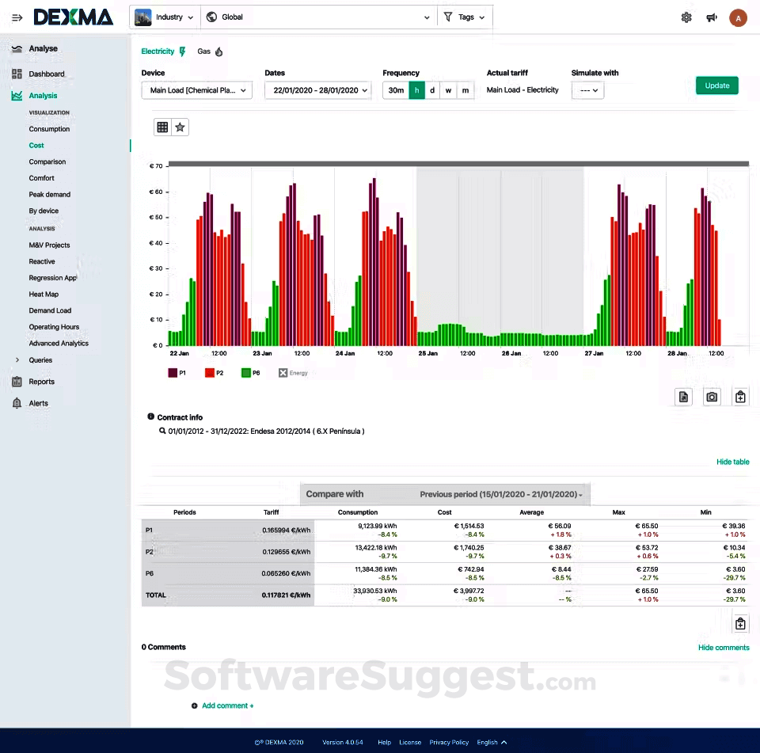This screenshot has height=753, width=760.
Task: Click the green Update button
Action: (x=716, y=86)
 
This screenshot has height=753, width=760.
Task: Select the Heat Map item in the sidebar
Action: (x=44, y=294)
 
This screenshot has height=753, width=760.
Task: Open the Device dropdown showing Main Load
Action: (x=197, y=90)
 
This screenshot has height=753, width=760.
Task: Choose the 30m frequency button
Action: (x=396, y=90)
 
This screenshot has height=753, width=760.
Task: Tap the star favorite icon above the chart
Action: (x=180, y=127)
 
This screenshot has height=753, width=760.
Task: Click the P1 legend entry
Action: (x=177, y=372)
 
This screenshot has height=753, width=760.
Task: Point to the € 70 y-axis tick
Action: (x=156, y=166)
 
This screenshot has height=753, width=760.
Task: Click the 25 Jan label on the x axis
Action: (x=427, y=353)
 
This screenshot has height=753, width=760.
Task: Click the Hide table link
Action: (x=732, y=462)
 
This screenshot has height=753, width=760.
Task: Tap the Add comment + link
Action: (x=227, y=705)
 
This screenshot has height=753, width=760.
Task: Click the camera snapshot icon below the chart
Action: (x=712, y=397)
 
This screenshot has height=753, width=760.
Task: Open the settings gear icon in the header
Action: (x=686, y=17)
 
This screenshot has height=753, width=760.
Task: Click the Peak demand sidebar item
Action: (x=50, y=194)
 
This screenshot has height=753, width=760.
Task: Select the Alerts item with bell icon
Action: (x=38, y=403)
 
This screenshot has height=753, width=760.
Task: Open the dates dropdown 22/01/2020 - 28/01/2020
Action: (x=317, y=90)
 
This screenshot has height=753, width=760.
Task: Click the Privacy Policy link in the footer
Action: (x=449, y=742)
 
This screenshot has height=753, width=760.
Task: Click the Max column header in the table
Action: (x=619, y=512)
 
